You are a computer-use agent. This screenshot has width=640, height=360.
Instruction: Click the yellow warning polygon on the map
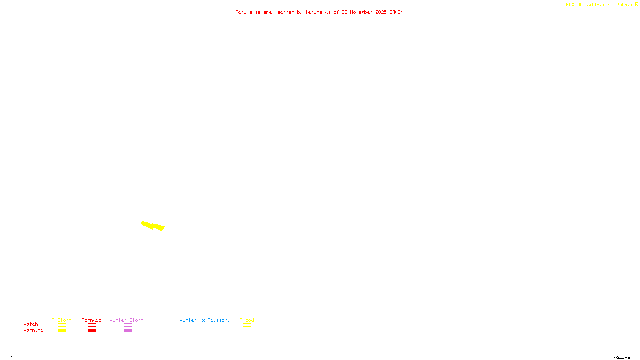coord(152,226)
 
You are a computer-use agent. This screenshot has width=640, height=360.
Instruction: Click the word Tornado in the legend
coord(92,320)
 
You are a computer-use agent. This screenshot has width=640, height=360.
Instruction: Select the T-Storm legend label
coord(62,320)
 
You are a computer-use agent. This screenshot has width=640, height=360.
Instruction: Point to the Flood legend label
coord(247,320)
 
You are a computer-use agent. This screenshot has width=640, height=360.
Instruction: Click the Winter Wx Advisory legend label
coord(205,320)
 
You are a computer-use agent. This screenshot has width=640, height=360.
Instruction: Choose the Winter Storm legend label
coord(126,320)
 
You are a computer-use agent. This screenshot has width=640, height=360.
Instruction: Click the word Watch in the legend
coord(31,324)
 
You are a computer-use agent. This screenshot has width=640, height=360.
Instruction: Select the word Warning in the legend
coord(34,330)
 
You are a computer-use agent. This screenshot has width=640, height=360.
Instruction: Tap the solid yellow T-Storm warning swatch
coord(62,331)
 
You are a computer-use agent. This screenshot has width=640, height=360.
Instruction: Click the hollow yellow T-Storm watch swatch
coord(62,325)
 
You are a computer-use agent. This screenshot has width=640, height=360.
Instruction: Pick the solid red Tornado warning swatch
coord(92,331)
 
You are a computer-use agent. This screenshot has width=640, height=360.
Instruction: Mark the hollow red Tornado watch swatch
coord(92,325)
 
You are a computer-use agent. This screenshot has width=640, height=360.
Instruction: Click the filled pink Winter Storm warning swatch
coord(128,331)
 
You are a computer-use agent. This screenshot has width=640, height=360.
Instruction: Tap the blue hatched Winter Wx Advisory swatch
coord(204,331)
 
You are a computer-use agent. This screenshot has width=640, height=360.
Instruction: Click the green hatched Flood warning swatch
coord(247,331)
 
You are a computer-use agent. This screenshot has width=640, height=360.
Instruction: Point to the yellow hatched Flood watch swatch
coord(247,325)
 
